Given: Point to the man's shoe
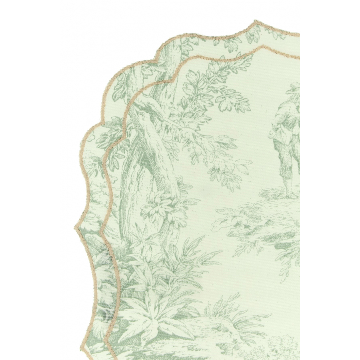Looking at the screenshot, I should [291, 195].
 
